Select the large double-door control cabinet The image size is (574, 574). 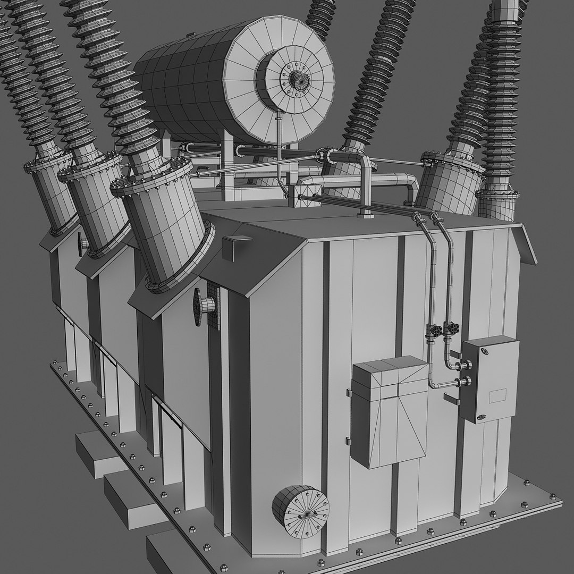pos(390,412)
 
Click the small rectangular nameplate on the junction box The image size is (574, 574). pos(497,395)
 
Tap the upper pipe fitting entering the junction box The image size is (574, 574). pos(466,365)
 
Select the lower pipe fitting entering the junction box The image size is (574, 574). pos(466,381)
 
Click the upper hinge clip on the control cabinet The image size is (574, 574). pos(348,393)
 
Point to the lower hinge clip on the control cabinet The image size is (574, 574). pos(348,441)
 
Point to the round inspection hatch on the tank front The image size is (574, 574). pos(300,511)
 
